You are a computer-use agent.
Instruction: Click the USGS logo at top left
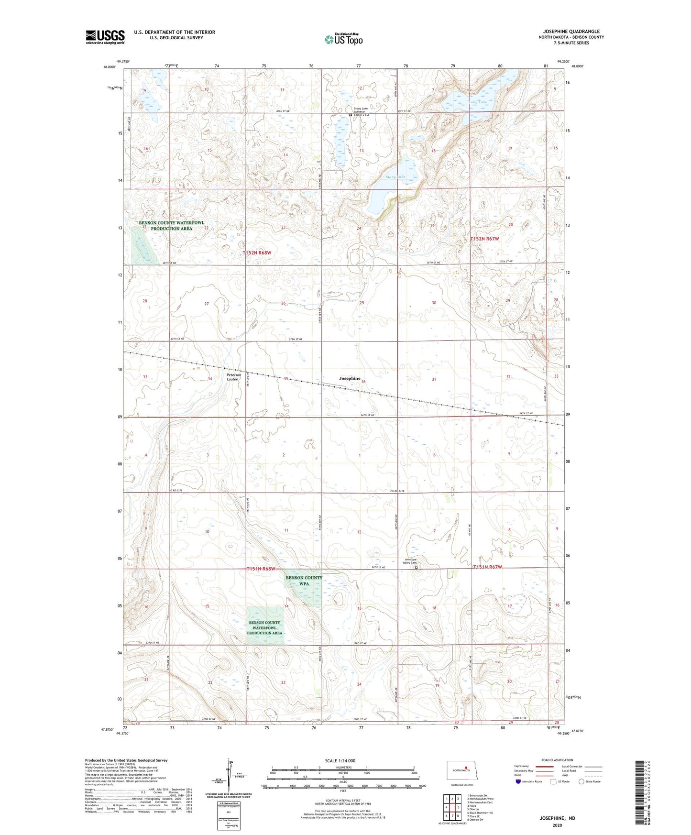tap(105, 37)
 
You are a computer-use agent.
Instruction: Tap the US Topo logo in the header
tap(343, 39)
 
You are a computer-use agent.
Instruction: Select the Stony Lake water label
tap(395, 177)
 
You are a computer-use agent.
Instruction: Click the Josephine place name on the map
tap(350, 378)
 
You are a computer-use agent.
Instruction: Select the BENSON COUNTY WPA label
tap(304, 581)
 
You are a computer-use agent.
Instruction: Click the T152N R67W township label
tap(484, 239)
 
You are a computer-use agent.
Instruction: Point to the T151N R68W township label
tap(261, 569)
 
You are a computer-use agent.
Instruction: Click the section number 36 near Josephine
tap(363, 381)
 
